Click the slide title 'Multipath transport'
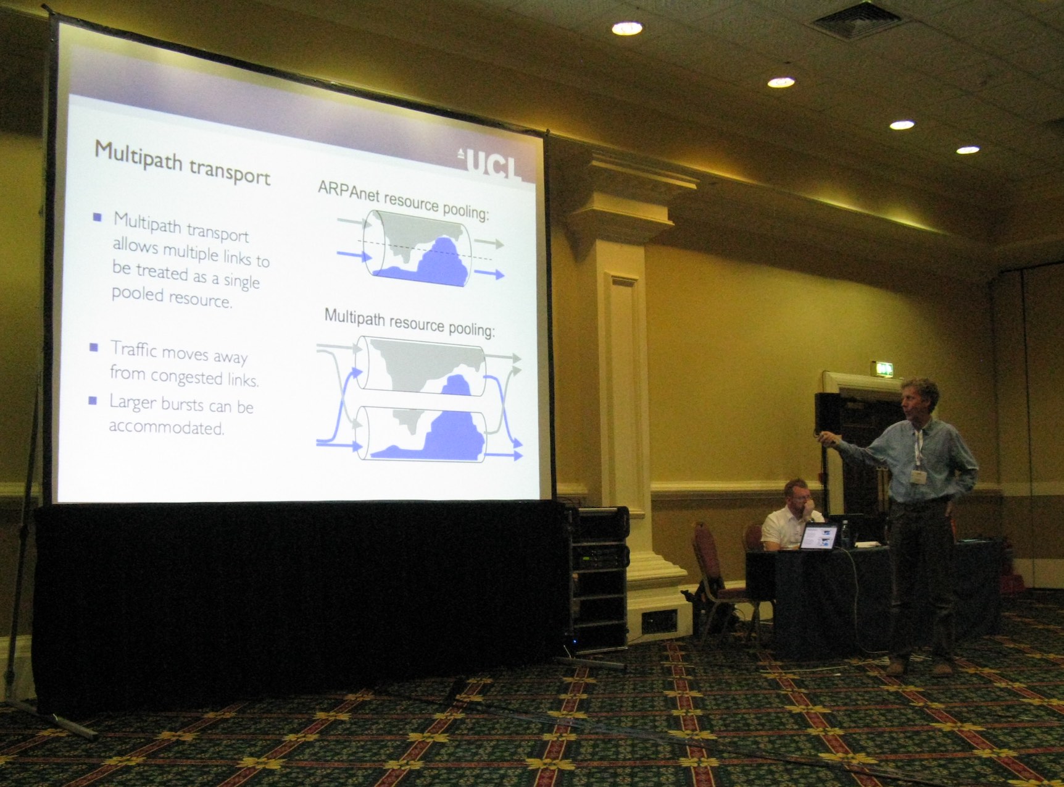(183, 162)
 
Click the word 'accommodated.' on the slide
(166, 427)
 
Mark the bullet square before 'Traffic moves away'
(94, 347)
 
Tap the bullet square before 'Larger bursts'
(93, 400)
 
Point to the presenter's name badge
(918, 477)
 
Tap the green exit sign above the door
(882, 369)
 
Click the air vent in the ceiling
(856, 19)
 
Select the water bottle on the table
(845, 534)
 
